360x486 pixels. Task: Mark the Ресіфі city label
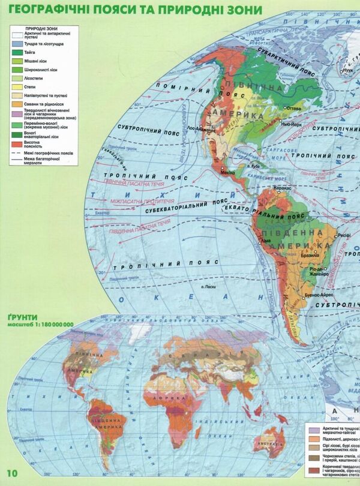pyautogui.click(x=345, y=235)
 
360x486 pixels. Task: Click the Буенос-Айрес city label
pyautogui.click(x=319, y=296)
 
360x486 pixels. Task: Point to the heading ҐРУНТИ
pyautogui.click(x=23, y=317)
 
